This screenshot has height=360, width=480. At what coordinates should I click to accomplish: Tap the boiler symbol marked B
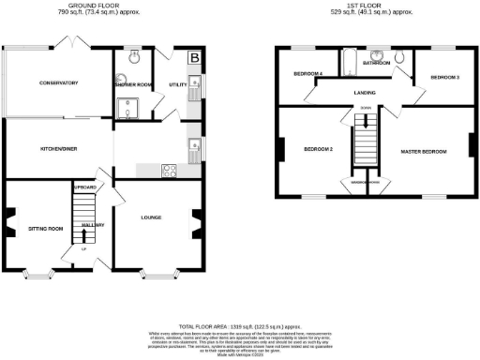[x=194, y=57]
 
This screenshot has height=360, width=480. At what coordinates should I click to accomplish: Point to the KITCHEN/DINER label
[x=57, y=149]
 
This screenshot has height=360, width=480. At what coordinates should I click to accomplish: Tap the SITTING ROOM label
[x=45, y=228]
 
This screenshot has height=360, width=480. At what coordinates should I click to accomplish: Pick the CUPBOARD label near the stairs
[x=85, y=187]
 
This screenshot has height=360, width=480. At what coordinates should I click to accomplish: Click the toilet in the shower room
[x=134, y=56]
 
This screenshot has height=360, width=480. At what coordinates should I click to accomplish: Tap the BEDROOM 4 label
[x=307, y=73]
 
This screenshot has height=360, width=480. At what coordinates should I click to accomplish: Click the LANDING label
[x=366, y=93]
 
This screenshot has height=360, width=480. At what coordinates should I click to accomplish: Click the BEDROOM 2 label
[x=318, y=149]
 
